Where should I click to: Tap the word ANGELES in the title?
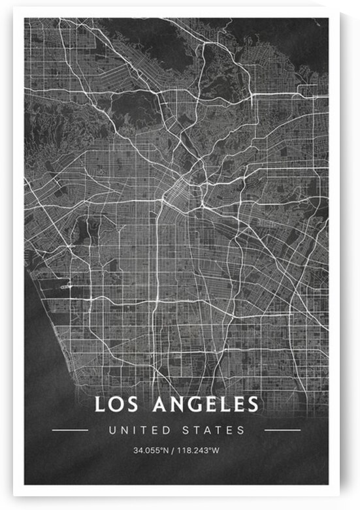click(x=205, y=405)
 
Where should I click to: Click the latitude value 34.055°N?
click(x=151, y=451)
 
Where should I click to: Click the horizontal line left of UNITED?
click(x=70, y=430)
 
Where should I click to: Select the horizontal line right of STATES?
click(x=282, y=430)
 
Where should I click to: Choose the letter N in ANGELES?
click(x=178, y=405)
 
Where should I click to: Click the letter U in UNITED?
click(x=113, y=430)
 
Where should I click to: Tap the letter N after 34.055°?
click(x=167, y=451)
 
